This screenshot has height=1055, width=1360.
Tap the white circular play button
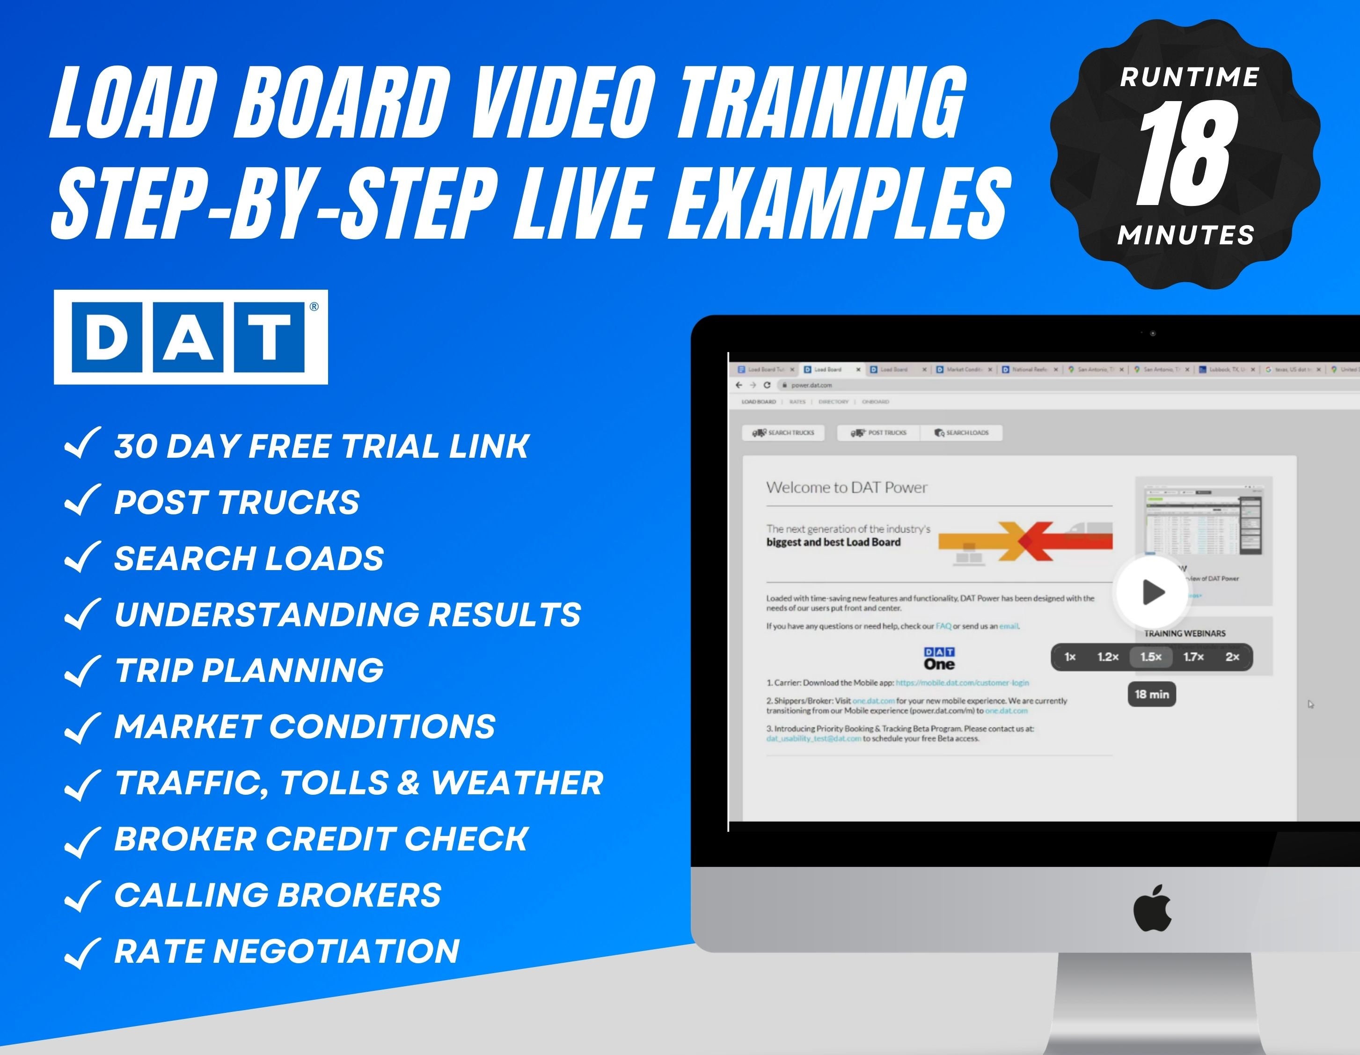tap(1151, 591)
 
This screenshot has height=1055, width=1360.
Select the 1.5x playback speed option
tap(1151, 657)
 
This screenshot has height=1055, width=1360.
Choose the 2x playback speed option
tap(1232, 657)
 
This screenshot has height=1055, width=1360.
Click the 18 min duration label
tap(1151, 695)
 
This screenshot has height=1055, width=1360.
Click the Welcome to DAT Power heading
tap(846, 488)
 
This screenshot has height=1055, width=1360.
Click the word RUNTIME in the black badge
tap(1189, 78)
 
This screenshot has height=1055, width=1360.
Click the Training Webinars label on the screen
tap(1185, 633)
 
